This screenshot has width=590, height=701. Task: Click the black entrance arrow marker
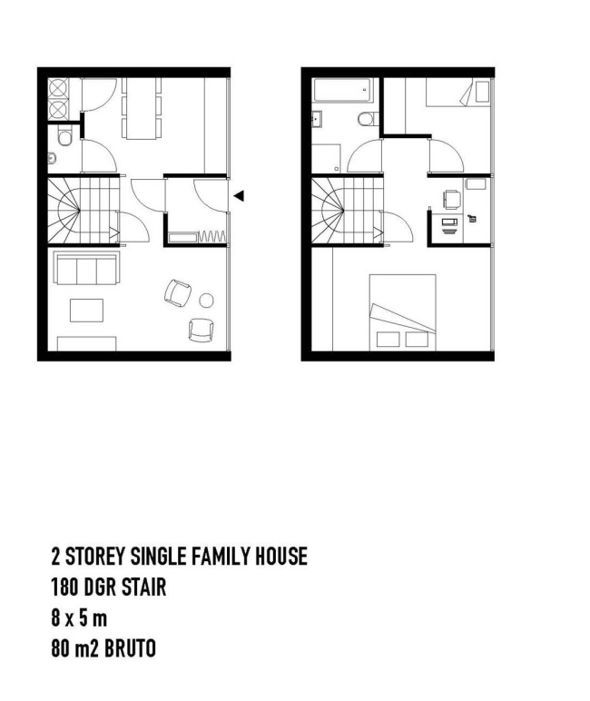pos(239,195)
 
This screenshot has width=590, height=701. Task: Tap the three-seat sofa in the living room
pos(86,268)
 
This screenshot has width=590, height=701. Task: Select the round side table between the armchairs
pos(206,301)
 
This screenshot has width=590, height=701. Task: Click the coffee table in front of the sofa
pos(87,311)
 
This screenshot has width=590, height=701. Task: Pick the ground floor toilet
pos(64,136)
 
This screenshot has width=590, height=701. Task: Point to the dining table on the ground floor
pos(142,109)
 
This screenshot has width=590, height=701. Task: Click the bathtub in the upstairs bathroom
pos(343,90)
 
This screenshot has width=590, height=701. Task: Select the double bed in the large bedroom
pos(403,312)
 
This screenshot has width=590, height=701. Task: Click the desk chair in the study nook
pos(452,200)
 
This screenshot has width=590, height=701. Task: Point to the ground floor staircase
pos(84,211)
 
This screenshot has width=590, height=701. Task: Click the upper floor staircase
pos(348,211)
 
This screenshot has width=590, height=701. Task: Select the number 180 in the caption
pos(64,587)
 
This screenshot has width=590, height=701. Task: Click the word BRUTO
pos(130,648)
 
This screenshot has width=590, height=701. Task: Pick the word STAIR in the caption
pos(144,587)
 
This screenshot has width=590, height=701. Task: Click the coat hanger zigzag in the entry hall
pos(211,236)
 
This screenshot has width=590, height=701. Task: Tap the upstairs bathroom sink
pos(317,119)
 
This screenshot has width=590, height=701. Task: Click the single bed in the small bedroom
pos(458,92)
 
